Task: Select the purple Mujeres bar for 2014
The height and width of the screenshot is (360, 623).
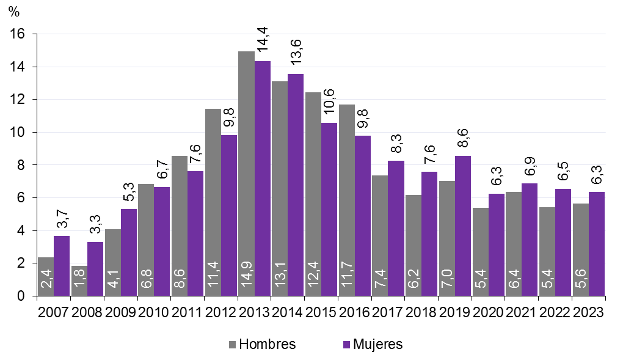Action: click(x=296, y=183)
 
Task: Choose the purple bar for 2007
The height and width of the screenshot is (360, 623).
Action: click(x=61, y=266)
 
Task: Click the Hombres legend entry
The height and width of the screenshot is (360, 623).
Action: click(x=262, y=344)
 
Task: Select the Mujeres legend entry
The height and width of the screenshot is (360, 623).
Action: click(x=373, y=344)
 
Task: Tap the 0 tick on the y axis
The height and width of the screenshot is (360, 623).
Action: click(x=21, y=296)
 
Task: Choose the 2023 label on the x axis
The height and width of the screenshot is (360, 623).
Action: click(x=588, y=312)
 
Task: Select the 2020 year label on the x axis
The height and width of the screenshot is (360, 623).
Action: click(x=488, y=312)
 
